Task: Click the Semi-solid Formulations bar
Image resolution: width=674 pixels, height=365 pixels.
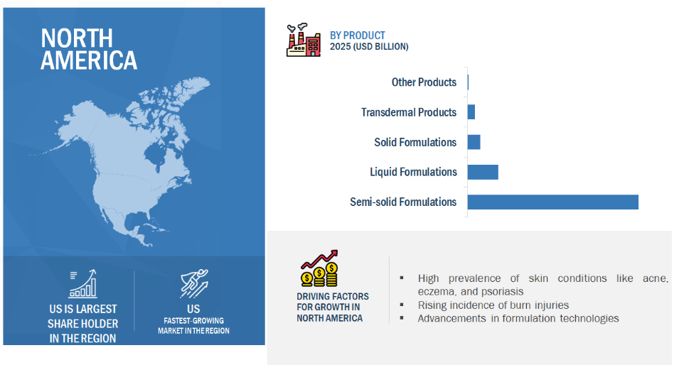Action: pos(553,202)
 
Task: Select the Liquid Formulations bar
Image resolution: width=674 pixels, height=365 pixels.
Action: pos(483,172)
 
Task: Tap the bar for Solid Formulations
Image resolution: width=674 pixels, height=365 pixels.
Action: pos(474,142)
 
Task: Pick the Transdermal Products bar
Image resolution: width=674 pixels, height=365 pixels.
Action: pos(471,112)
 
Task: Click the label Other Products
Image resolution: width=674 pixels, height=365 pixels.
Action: pos(424,82)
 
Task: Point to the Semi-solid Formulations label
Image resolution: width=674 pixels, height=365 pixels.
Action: pos(403,202)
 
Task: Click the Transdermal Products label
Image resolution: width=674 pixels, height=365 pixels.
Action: pos(409,112)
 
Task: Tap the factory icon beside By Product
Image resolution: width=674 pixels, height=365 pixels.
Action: pos(304,40)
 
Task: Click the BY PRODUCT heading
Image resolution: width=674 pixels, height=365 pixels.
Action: pos(358,36)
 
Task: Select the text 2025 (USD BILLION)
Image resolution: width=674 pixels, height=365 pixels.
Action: pos(369,46)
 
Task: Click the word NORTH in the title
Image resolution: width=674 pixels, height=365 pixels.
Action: pos(77,38)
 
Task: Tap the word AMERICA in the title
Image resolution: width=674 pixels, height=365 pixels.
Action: pos(89,60)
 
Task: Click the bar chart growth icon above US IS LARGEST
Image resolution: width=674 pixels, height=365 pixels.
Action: pos(82,284)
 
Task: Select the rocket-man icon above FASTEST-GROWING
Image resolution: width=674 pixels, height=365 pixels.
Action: pos(194,284)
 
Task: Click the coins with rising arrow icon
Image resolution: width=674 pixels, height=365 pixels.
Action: pos(319,268)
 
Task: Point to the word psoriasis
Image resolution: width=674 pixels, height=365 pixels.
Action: pos(503,292)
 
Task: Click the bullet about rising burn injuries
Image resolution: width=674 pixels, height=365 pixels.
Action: pos(493,305)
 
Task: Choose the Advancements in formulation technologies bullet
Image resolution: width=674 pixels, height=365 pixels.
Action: pos(518,319)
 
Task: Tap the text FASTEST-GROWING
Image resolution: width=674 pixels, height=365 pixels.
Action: pos(194,321)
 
